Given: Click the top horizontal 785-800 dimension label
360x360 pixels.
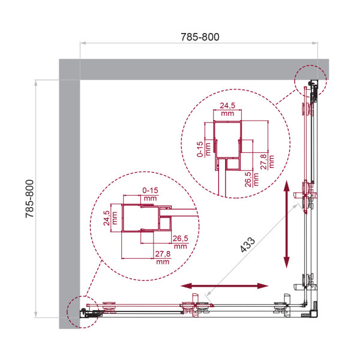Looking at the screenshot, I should click(x=199, y=37).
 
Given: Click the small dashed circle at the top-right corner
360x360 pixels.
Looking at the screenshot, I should click(x=310, y=81).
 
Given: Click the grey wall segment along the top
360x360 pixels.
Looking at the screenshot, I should click(x=198, y=69).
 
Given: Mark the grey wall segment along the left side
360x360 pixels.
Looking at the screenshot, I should click(x=69, y=198).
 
